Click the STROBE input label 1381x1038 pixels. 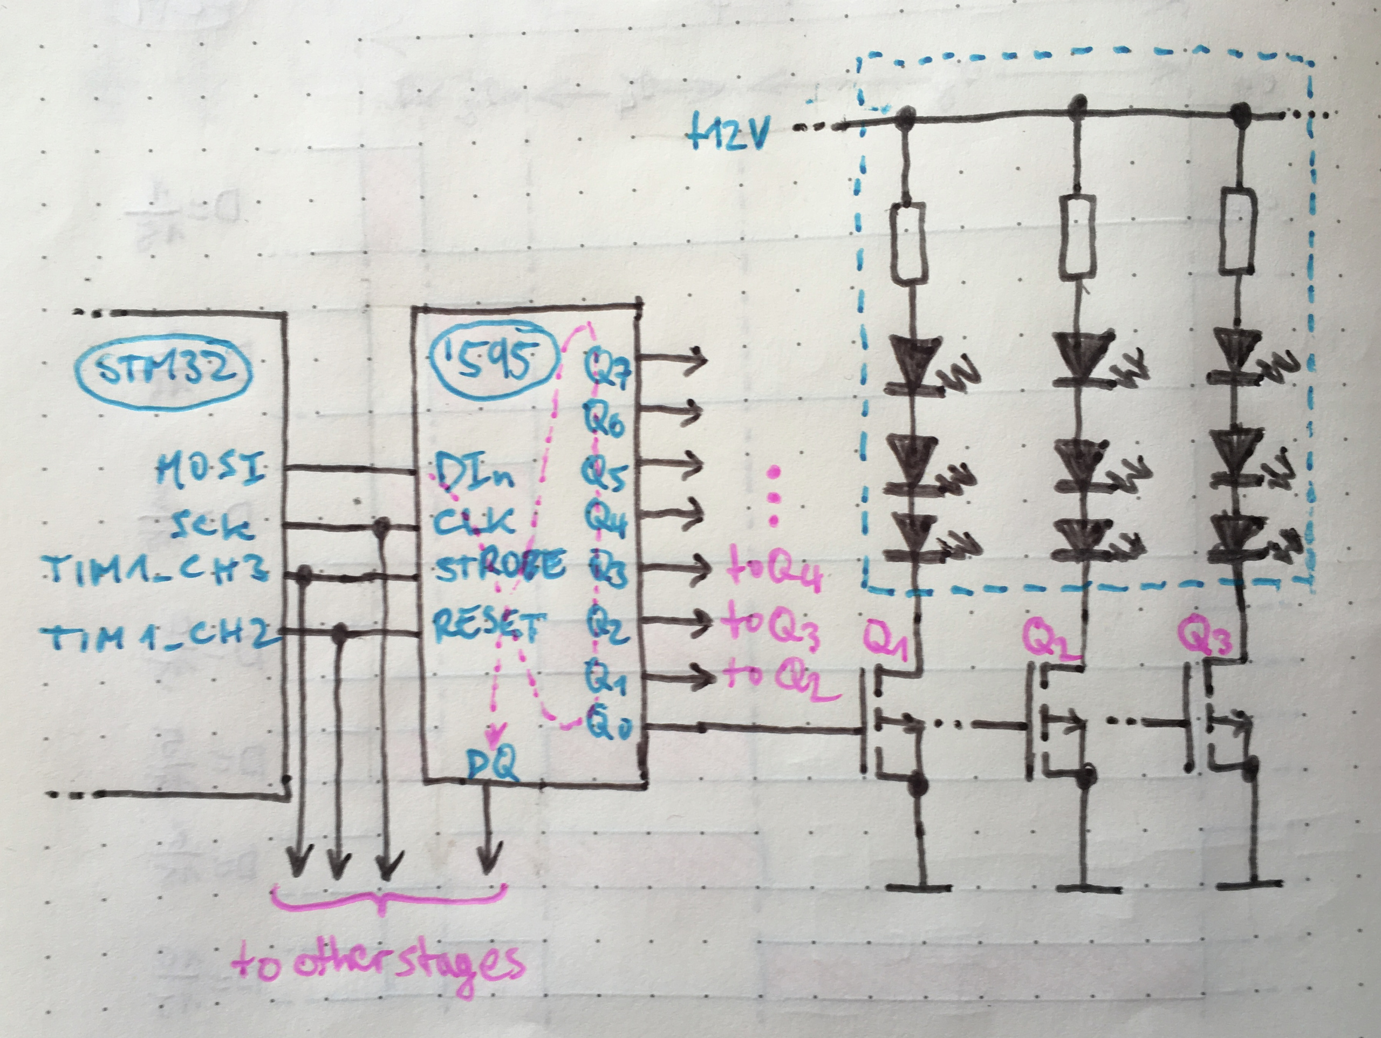click(x=500, y=566)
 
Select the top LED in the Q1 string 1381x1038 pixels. click(x=912, y=361)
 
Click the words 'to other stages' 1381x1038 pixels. click(x=378, y=962)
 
